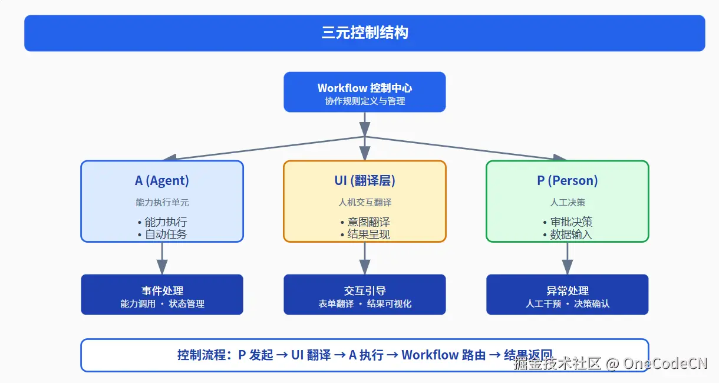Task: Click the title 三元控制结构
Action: click(364, 33)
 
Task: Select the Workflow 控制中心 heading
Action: click(364, 88)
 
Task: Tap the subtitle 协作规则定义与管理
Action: click(364, 101)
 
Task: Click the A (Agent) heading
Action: click(162, 180)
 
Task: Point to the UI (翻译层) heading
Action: click(364, 180)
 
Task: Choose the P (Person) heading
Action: click(567, 180)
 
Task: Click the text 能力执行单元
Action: click(162, 202)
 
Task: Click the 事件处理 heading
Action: click(162, 290)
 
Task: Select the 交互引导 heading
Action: click(364, 290)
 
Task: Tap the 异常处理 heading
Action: click(567, 290)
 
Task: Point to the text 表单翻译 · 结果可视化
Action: click(364, 304)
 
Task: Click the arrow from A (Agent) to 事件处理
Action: click(162, 258)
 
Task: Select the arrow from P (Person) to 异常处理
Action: click(567, 258)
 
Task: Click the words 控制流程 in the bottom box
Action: click(200, 355)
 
